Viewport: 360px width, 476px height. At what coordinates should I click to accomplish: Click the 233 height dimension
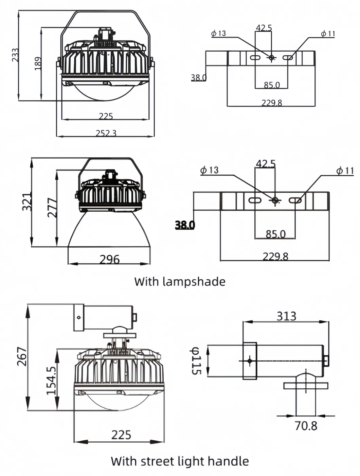[15, 55]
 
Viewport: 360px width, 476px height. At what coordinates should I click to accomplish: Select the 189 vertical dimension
[38, 63]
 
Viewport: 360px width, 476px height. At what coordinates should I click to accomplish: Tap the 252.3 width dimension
[106, 133]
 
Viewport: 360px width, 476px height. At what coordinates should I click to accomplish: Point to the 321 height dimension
[27, 202]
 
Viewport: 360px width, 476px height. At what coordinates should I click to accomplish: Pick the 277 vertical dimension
[52, 207]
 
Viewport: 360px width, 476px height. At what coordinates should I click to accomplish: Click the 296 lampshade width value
[109, 260]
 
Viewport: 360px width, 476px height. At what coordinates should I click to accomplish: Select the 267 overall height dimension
[22, 356]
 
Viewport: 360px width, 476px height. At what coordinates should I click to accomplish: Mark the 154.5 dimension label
[51, 381]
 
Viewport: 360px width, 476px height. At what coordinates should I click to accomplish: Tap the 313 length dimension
[286, 316]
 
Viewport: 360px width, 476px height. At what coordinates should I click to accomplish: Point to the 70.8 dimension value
[306, 425]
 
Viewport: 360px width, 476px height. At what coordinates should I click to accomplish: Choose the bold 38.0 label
[185, 225]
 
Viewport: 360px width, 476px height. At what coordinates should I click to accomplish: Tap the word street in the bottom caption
[157, 461]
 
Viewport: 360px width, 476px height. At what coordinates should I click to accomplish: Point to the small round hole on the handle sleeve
[79, 317]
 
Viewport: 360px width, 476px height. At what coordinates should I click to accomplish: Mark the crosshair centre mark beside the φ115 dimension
[250, 361]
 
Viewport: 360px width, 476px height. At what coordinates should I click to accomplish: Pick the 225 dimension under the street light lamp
[121, 435]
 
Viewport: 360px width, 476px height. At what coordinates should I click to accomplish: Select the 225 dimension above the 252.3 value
[106, 116]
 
